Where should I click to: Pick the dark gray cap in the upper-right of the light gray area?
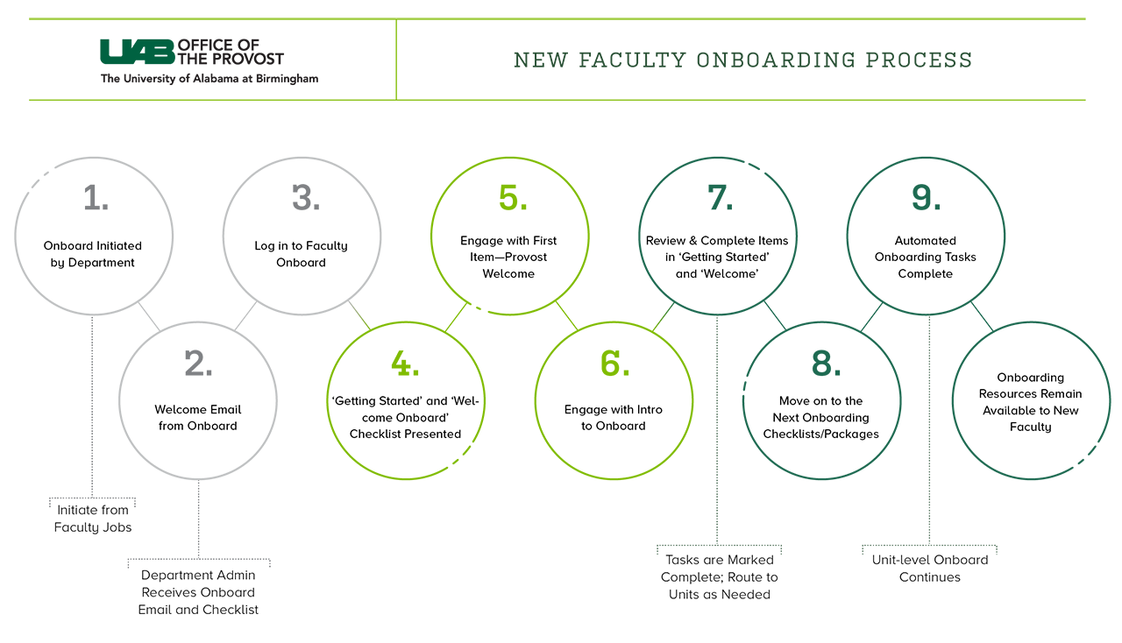pyautogui.click(x=303, y=192)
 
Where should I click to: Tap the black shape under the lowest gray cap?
pyautogui.click(x=198, y=412)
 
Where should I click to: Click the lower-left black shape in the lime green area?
pyautogui.click(x=405, y=407)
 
